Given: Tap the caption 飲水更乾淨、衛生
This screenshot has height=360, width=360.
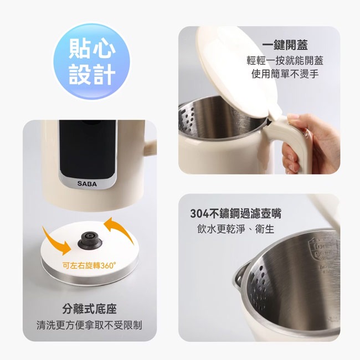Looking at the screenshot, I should click(235, 229).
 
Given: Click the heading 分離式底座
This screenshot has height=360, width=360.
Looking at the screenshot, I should click(89, 309).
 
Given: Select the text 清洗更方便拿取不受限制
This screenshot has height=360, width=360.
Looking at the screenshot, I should click(89, 325).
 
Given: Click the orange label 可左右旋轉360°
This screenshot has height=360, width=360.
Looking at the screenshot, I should click(89, 265).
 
